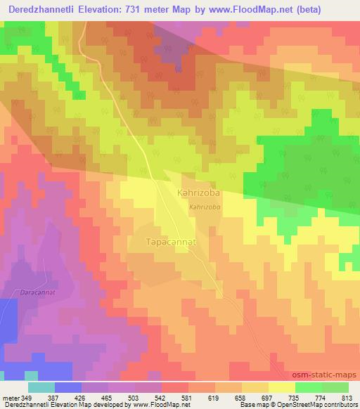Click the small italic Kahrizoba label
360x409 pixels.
tap(205, 207)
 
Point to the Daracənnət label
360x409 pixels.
tap(39, 291)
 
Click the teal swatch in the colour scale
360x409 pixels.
tap(41, 387)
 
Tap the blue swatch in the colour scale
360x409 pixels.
tap(68, 387)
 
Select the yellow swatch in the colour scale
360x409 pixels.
tap(282, 387)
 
